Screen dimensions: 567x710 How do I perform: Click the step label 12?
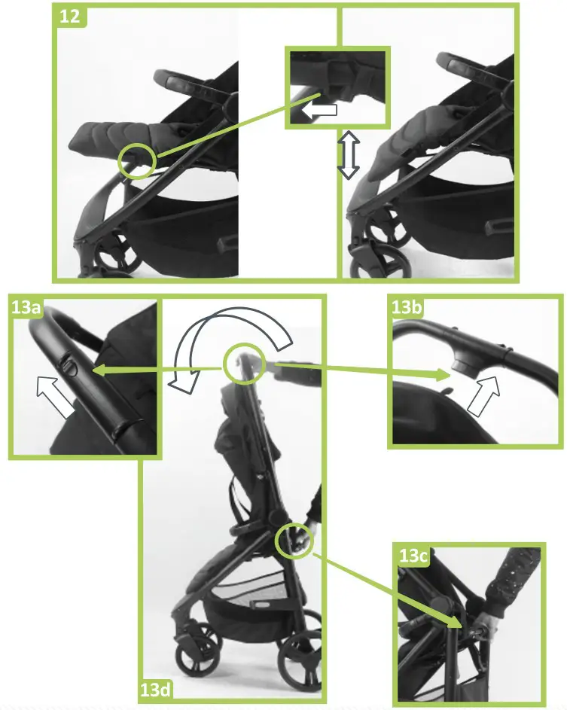(70, 17)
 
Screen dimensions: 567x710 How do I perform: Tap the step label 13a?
(26, 307)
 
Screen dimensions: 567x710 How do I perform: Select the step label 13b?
(406, 307)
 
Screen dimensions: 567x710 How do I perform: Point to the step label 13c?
(413, 555)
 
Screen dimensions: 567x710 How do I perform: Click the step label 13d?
(155, 690)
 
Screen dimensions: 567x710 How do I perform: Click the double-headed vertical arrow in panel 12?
(349, 155)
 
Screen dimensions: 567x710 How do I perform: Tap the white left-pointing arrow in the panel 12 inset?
(319, 110)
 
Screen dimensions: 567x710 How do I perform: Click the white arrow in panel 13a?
(56, 397)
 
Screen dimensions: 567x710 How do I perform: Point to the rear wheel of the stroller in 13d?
(300, 659)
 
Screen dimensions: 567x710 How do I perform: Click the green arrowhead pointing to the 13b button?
(442, 374)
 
